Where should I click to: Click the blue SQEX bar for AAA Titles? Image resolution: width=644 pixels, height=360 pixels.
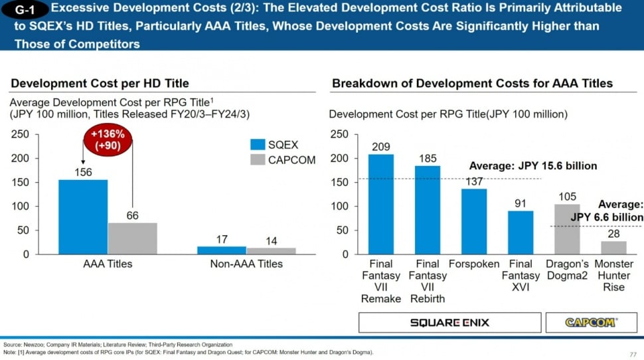[83, 217]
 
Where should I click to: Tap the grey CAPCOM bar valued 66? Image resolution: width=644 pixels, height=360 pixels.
[133, 238]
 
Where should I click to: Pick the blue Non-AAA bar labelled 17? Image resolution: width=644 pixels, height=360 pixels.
[222, 250]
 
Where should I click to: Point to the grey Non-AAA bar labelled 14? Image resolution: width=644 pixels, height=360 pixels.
[271, 251]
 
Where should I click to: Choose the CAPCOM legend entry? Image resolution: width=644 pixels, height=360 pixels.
[282, 159]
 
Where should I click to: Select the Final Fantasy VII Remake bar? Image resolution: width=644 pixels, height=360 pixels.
[380, 205]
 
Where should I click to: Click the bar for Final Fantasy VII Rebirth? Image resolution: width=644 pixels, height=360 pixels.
[428, 210]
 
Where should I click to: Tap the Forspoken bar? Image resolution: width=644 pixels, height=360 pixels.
[474, 222]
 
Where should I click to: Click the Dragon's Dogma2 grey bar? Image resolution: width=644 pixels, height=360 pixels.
[567, 229]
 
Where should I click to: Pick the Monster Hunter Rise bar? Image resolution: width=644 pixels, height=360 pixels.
[613, 248]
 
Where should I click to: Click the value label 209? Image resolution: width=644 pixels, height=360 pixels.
[380, 146]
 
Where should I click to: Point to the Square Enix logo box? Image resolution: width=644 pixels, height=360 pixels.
[449, 322]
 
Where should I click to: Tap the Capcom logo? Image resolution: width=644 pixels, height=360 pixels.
[590, 322]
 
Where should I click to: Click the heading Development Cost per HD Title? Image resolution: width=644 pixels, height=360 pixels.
[100, 83]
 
